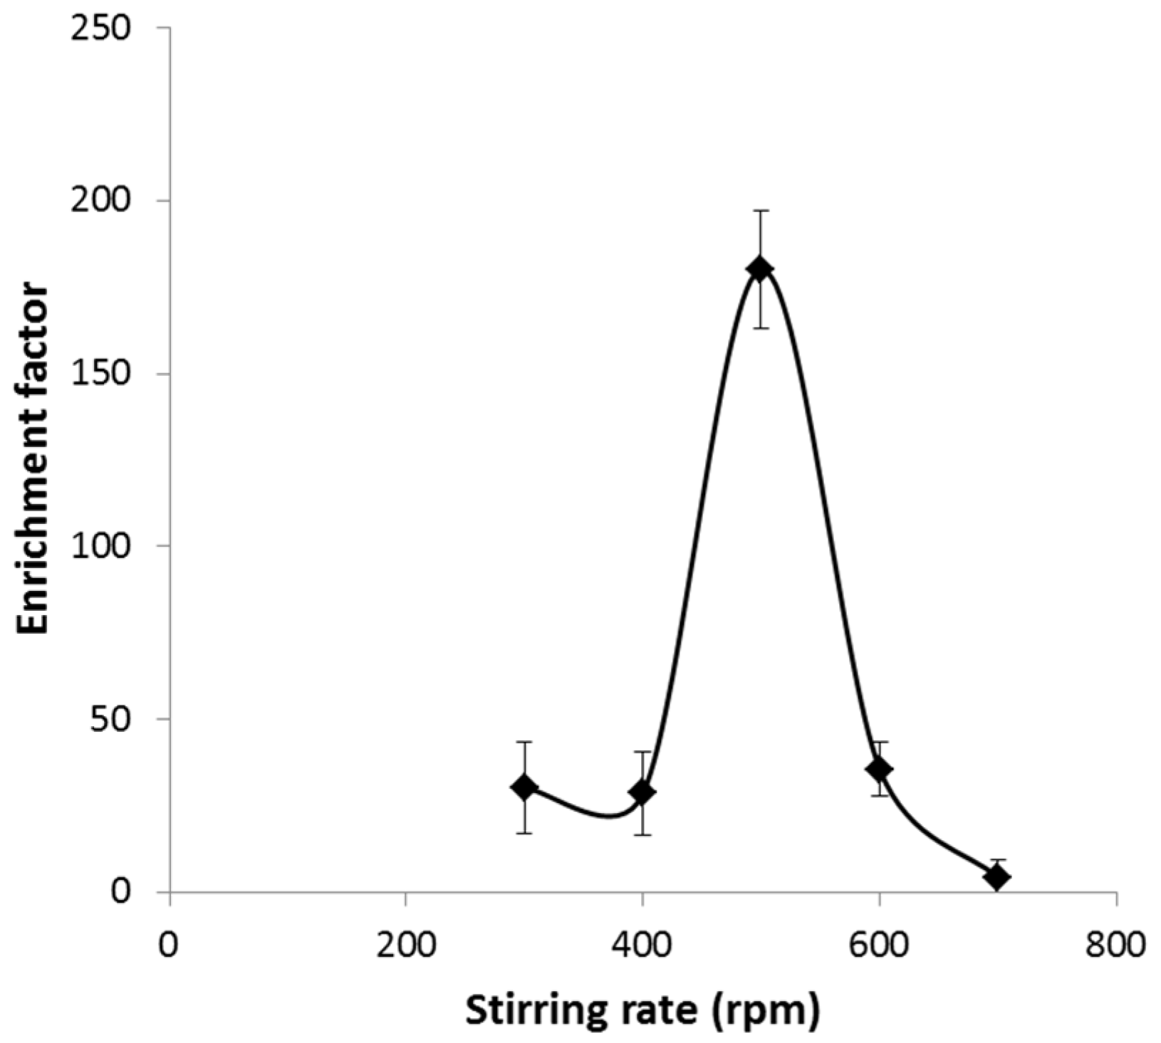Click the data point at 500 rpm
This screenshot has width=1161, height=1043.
[760, 269]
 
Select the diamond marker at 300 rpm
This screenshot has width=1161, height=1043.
[524, 787]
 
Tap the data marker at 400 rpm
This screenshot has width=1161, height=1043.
[642, 792]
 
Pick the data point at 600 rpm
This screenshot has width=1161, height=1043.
[880, 769]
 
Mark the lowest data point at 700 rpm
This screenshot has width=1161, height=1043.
[997, 878]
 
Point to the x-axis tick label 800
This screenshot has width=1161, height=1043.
[1115, 948]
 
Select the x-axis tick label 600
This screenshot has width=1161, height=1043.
[879, 948]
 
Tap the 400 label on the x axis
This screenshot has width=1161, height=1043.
[642, 948]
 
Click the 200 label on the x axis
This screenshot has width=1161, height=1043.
[405, 948]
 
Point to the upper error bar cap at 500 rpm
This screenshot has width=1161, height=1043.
[760, 211]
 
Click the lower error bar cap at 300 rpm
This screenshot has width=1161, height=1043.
[524, 833]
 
